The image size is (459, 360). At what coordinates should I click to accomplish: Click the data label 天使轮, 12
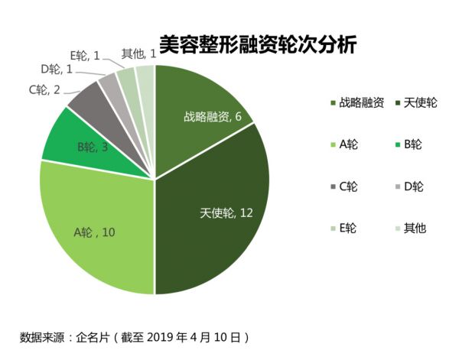click(x=225, y=212)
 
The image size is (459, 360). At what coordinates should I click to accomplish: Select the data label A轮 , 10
click(x=94, y=232)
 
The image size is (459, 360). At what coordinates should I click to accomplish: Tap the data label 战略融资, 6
click(x=212, y=117)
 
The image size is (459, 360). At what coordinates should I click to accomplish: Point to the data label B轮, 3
click(x=92, y=146)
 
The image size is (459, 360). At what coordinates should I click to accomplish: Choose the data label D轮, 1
click(x=57, y=70)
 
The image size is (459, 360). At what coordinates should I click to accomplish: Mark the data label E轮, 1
click(x=85, y=55)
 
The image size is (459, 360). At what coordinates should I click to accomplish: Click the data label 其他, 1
click(x=139, y=54)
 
